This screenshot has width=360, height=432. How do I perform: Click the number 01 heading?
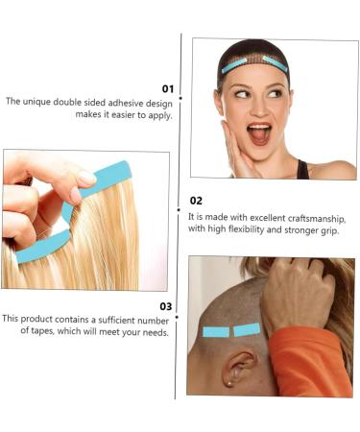pos(166,88)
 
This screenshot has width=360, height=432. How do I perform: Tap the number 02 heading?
pos(196,201)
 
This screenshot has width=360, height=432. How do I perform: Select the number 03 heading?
pos(166,306)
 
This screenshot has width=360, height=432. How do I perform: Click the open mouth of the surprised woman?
pos(259,132)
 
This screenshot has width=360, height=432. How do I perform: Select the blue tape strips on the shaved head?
pos(232,331)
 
